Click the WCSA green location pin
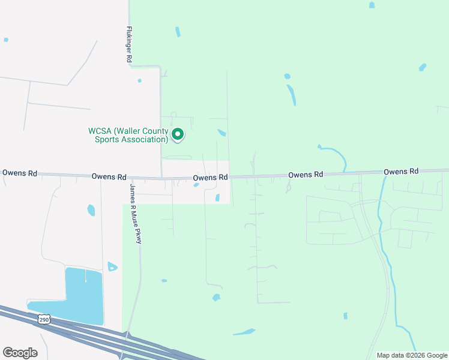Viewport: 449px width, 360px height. [x=178, y=134]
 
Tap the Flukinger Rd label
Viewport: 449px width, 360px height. [x=128, y=44]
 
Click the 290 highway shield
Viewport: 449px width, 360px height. [x=44, y=319]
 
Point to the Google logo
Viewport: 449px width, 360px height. [x=20, y=353]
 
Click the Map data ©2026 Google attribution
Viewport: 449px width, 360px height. [x=412, y=355]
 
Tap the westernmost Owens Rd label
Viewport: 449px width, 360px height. [x=20, y=173]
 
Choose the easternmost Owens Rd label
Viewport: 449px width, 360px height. [x=401, y=172]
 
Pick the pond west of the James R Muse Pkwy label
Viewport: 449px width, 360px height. [x=91, y=210]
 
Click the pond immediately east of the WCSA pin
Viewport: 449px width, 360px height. [x=221, y=133]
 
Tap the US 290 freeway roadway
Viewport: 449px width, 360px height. [x=90, y=336]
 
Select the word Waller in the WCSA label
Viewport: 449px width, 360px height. [x=129, y=131]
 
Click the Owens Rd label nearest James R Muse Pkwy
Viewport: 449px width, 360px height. [x=109, y=177]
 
